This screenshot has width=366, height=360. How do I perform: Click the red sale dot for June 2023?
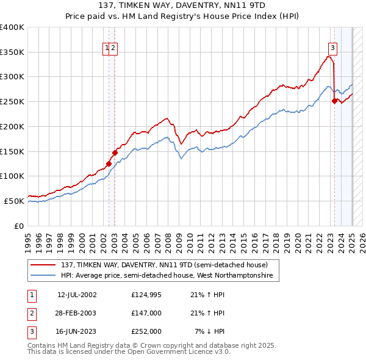tap(334, 101)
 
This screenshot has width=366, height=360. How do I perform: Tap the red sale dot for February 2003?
tap(115, 153)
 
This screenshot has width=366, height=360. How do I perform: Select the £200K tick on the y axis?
tap(13, 126)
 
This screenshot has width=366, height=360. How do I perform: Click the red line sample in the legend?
tap(44, 265)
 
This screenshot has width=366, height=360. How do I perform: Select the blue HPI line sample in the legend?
tap(44, 276)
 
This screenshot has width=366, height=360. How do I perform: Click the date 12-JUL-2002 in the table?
tap(77, 295)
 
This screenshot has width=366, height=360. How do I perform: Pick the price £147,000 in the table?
tap(146, 313)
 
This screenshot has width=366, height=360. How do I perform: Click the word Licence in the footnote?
tap(189, 352)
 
